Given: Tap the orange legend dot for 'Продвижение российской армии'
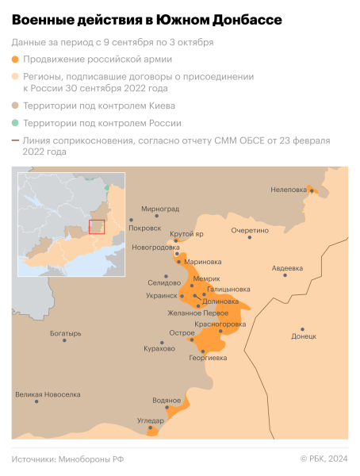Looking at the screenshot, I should (16, 59).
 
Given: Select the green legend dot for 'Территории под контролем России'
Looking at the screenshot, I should (16, 124).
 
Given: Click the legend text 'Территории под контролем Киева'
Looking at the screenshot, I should (99, 106).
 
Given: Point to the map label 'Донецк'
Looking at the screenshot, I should (304, 336).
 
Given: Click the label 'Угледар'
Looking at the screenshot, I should (151, 420).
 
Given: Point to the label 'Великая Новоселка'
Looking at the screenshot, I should (48, 394).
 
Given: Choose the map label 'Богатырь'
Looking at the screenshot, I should (65, 334).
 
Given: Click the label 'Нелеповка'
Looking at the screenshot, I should (289, 190).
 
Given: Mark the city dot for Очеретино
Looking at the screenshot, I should (250, 238).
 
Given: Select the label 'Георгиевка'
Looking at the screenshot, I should (209, 358).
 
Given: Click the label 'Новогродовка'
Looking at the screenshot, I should (155, 247).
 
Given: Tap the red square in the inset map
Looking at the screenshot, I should (96, 227).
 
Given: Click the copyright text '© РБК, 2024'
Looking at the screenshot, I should (324, 459).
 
